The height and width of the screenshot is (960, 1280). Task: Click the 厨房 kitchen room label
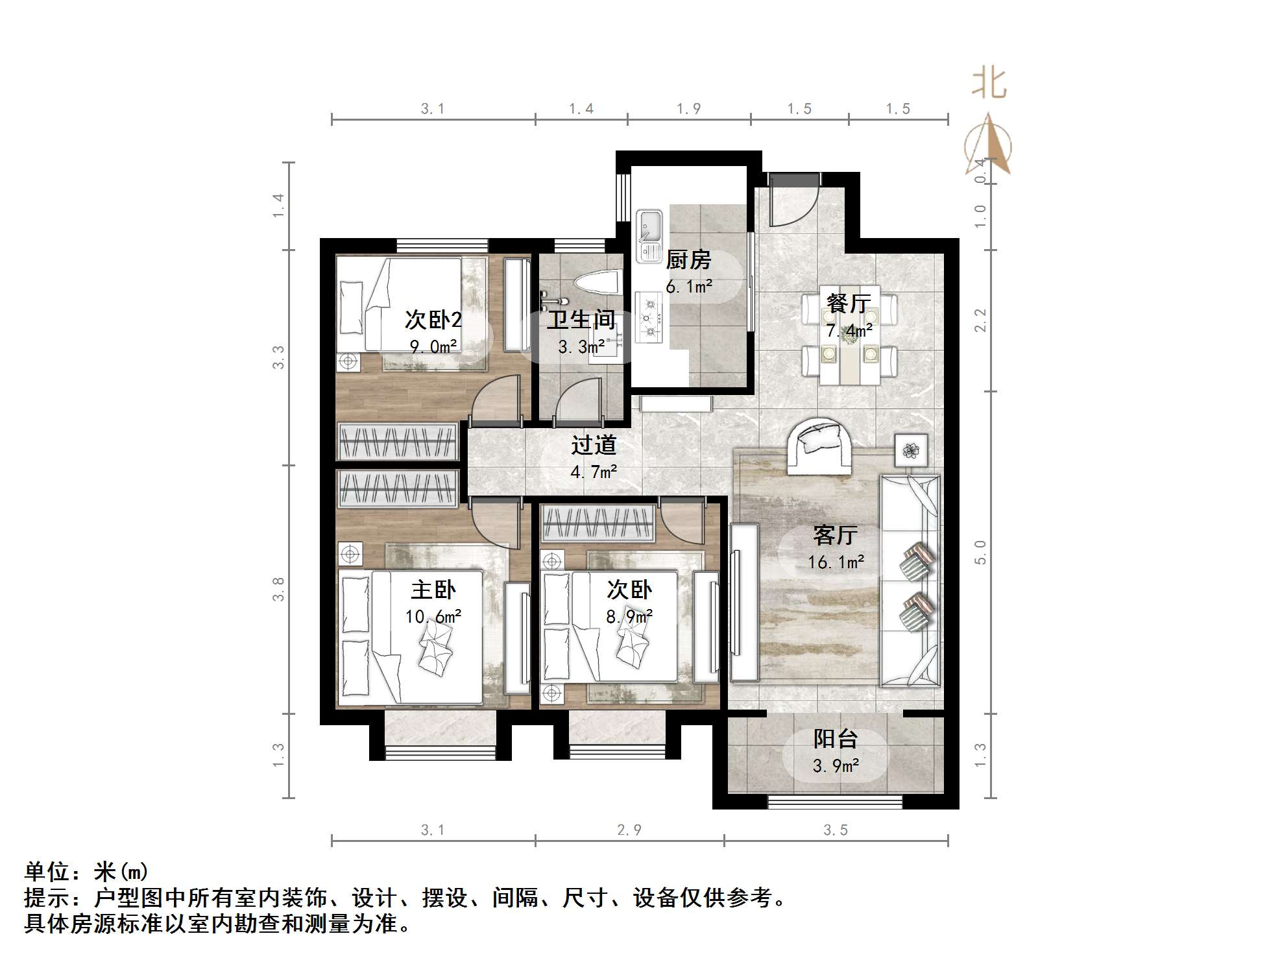tap(688, 260)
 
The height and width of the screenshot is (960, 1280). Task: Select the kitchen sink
tap(649, 235)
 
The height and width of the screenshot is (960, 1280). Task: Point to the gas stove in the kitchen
tap(648, 318)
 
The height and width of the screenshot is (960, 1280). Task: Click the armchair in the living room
tap(819, 445)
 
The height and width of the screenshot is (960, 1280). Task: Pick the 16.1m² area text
tap(836, 562)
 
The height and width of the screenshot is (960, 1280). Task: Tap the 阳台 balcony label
tap(836, 739)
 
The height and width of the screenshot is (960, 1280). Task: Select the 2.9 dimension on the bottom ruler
tap(629, 830)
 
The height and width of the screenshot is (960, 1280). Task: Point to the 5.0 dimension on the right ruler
tap(980, 552)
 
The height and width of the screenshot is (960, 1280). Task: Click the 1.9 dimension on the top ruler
tap(688, 109)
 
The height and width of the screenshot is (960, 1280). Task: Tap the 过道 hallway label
tap(593, 445)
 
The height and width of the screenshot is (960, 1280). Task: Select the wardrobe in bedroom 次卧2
tap(397, 442)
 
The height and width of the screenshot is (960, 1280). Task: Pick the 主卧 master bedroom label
tap(433, 590)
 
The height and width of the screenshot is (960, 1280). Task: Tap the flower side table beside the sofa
tap(911, 449)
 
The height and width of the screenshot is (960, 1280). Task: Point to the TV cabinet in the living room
tap(743, 602)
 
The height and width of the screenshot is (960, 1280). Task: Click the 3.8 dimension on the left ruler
tap(278, 589)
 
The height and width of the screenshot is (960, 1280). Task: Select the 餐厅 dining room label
tap(849, 303)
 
